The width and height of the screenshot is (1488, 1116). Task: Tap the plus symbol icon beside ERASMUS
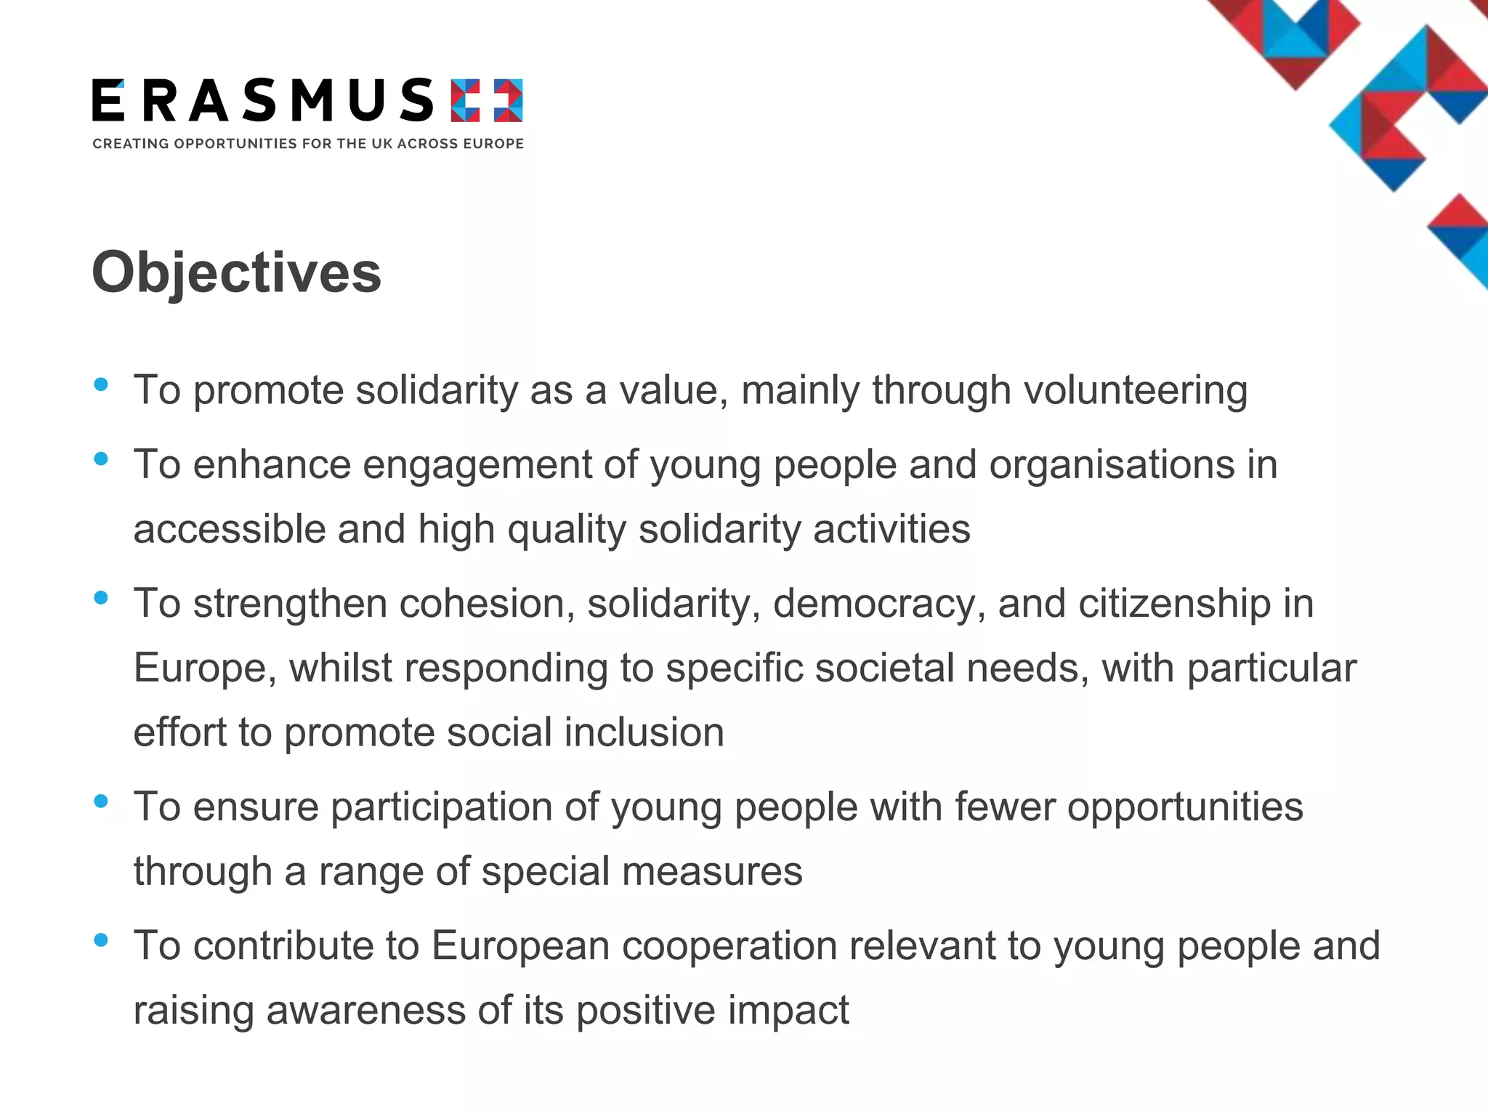pyautogui.click(x=486, y=101)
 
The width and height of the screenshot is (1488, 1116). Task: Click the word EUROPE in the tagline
pyautogui.click(x=494, y=144)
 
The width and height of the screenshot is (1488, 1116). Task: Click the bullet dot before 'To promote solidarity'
pyautogui.click(x=101, y=384)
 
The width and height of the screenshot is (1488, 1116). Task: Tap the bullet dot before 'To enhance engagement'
pyautogui.click(x=101, y=458)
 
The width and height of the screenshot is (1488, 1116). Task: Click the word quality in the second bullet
pyautogui.click(x=566, y=530)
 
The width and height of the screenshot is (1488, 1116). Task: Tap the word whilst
pyautogui.click(x=341, y=668)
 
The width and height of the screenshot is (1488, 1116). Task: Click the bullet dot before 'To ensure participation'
pyautogui.click(x=101, y=801)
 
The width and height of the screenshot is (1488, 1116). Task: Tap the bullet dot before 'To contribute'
pyautogui.click(x=101, y=940)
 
